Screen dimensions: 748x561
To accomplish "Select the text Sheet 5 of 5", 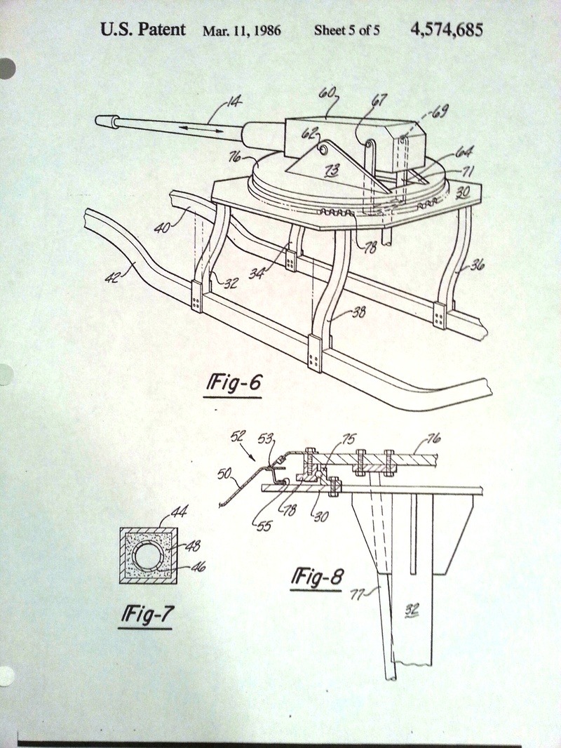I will [346, 31].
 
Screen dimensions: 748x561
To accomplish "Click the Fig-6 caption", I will [235, 385].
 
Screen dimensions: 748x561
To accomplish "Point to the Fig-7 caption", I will [147, 615].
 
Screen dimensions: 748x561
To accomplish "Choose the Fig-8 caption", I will [318, 577].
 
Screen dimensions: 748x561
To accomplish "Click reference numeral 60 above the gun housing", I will [327, 92].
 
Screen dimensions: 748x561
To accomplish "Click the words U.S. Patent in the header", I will [143, 30].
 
